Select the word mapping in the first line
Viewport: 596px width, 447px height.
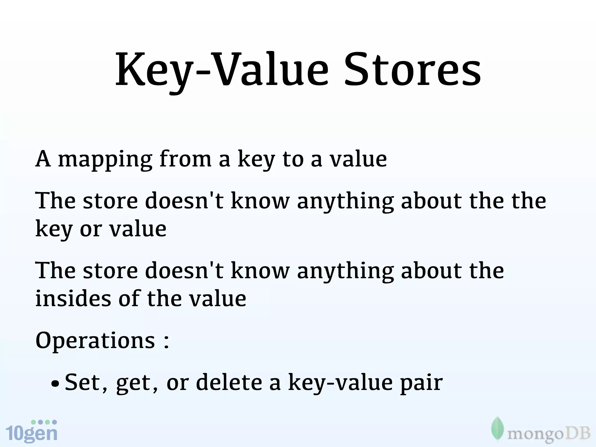[105, 160]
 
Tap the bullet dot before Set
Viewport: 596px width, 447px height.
[54, 384]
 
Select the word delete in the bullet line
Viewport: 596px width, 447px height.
[229, 382]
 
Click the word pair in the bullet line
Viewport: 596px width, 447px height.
[421, 384]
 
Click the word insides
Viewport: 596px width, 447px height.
[73, 299]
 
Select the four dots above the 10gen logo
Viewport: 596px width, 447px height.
[44, 422]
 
